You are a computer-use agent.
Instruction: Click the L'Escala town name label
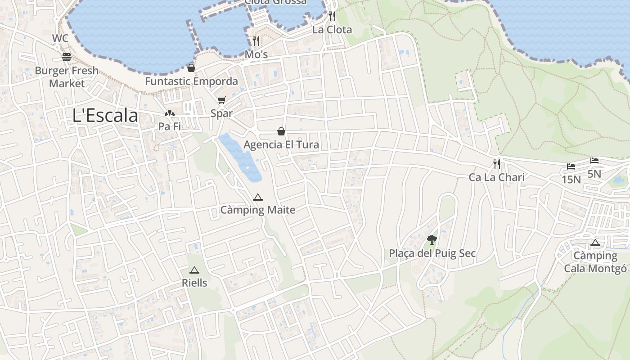[105, 116]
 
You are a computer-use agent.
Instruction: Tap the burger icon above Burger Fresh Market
[67, 57]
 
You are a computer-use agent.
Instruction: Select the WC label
[60, 38]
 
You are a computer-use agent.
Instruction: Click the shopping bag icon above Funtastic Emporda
[191, 68]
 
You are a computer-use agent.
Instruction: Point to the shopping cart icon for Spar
[221, 100]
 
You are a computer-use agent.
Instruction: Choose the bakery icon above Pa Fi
[169, 114]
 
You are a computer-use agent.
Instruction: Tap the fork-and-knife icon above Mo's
[256, 41]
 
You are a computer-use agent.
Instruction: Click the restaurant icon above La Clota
[332, 16]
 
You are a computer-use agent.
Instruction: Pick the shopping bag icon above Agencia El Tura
[281, 131]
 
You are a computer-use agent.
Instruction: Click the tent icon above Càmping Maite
[257, 197]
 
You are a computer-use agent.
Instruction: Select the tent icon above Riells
[194, 270]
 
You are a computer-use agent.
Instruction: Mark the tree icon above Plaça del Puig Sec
[432, 239]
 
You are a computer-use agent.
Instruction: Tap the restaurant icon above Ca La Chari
[497, 164]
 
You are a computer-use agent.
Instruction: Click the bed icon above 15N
[571, 166]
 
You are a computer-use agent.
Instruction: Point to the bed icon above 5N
[594, 161]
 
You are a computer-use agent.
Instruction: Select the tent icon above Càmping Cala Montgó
[595, 243]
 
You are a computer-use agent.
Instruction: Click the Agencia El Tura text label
[281, 145]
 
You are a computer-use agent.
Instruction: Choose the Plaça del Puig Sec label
[432, 253]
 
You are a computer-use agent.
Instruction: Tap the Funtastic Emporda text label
[191, 81]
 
